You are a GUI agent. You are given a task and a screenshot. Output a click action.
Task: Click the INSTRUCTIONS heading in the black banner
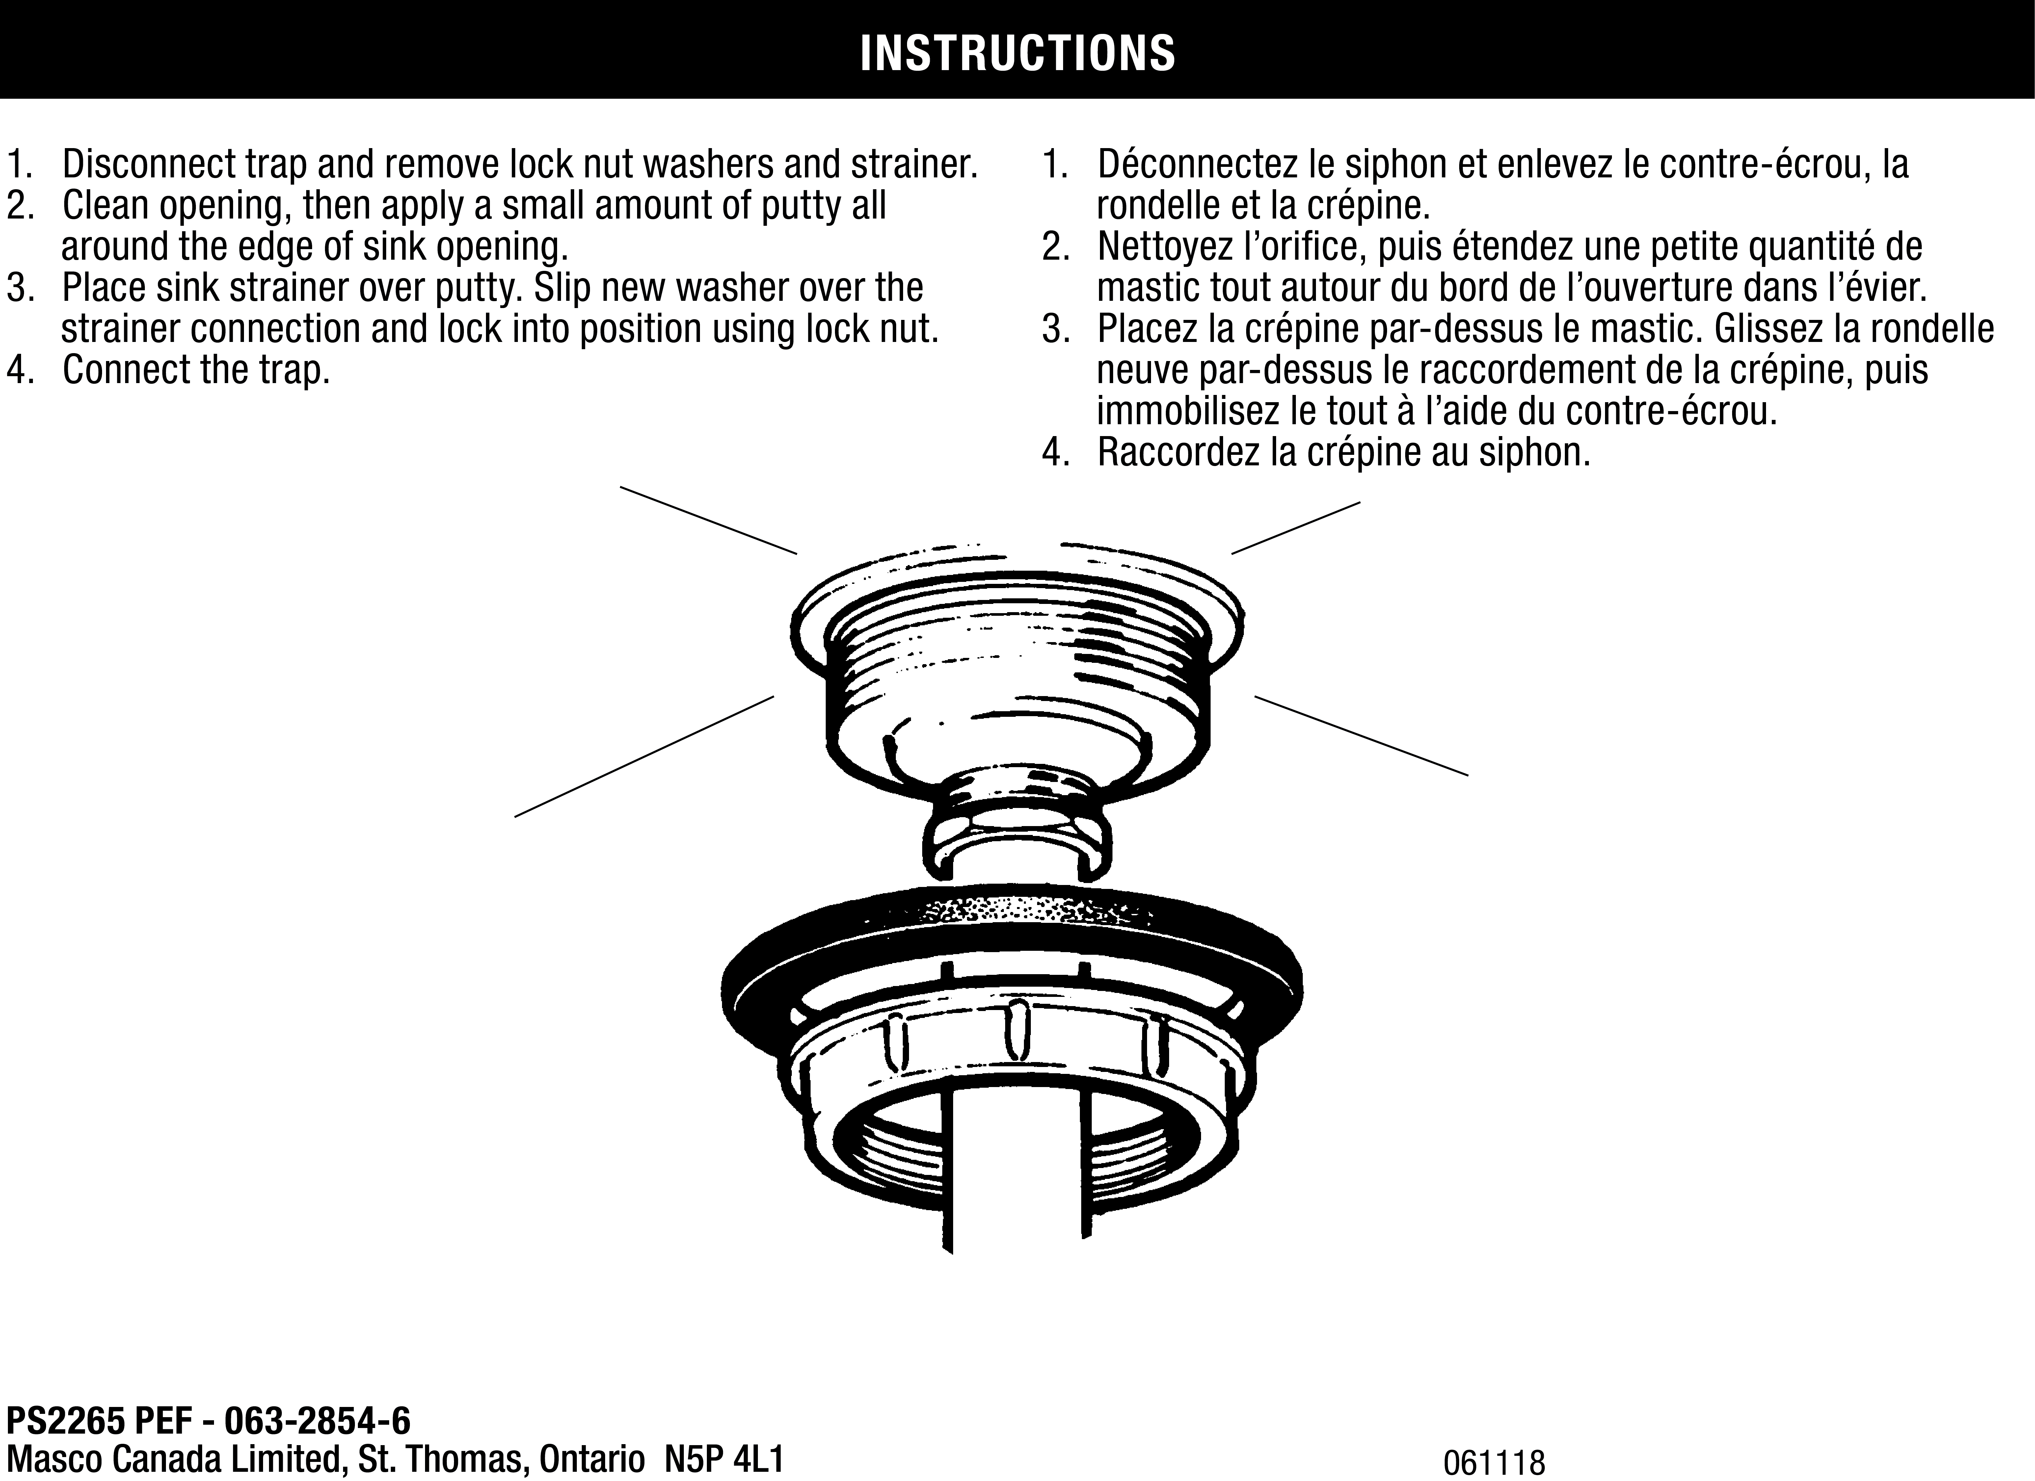tap(1017, 54)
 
